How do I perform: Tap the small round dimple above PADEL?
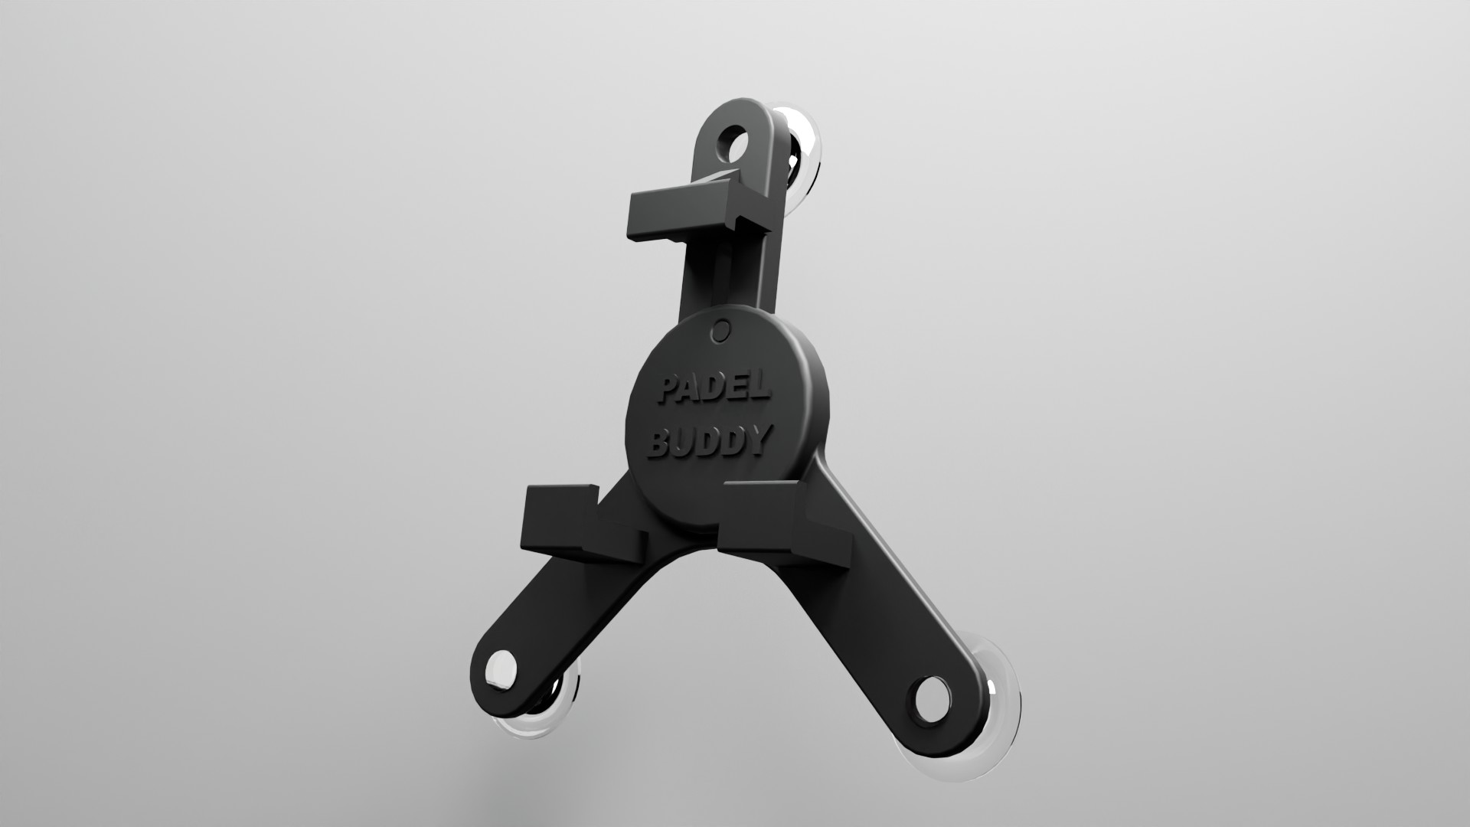point(720,331)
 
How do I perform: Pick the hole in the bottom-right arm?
point(932,700)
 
